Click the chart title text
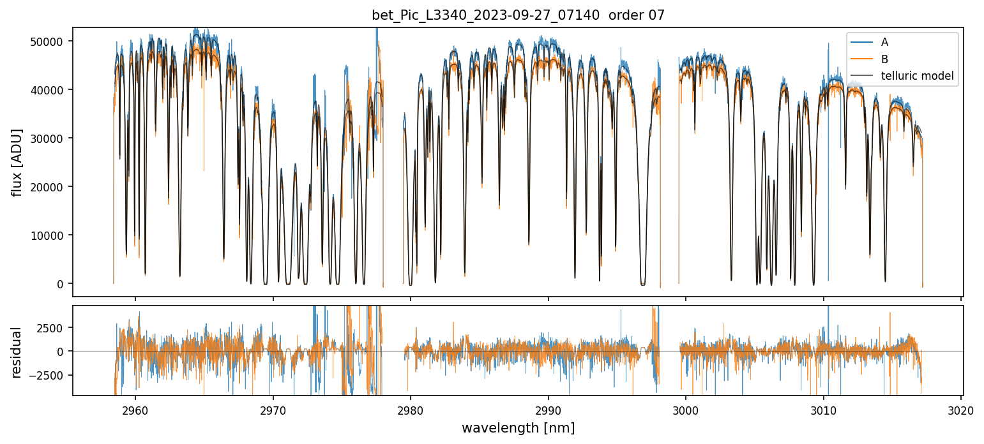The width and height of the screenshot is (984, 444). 518,15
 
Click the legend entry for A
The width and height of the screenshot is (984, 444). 884,42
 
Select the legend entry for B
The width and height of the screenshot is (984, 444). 884,59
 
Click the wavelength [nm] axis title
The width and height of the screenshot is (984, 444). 518,427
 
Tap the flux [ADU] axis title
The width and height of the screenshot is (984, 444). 17,162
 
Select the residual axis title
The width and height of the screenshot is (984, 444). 17,352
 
